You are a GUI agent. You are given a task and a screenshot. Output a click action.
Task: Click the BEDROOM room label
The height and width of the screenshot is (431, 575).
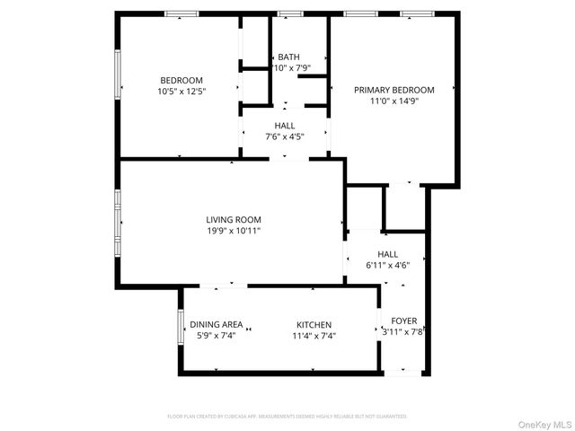[181, 80]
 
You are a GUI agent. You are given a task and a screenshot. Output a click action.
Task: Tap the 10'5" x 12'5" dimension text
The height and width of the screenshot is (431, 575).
[181, 92]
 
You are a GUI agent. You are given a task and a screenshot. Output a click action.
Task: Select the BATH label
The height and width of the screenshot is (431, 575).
[288, 57]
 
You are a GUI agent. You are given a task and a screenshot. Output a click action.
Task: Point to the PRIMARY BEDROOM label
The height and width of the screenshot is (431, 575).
[394, 90]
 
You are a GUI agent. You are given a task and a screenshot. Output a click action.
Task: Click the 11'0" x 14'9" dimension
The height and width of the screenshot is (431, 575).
[394, 101]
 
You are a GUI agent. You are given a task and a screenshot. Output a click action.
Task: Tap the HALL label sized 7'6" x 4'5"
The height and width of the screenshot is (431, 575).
[284, 126]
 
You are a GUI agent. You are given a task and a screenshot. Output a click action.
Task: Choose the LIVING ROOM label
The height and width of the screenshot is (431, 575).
[234, 220]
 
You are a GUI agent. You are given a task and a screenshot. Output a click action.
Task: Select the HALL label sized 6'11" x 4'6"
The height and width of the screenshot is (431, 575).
[387, 254]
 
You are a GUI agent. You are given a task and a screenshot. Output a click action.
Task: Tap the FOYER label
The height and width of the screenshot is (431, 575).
[403, 321]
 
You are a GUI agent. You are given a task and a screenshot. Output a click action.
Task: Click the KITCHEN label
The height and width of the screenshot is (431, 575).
[314, 325]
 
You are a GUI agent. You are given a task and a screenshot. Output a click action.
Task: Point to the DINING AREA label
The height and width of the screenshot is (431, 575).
[216, 325]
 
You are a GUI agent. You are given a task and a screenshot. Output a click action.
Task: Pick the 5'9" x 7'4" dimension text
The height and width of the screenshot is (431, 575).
[216, 337]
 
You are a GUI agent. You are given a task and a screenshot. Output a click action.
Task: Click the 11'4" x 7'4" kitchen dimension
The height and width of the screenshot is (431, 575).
[314, 337]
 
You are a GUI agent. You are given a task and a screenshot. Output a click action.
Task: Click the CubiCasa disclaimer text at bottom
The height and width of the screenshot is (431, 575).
[287, 417]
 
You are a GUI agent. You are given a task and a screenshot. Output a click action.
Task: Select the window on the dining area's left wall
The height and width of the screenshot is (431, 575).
[181, 326]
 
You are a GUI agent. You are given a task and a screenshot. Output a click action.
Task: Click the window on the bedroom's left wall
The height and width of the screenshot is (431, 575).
[117, 73]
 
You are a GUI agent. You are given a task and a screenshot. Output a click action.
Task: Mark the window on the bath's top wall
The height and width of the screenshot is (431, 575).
[289, 13]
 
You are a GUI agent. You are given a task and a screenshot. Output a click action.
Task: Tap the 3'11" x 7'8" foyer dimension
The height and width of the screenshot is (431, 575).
[402, 331]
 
